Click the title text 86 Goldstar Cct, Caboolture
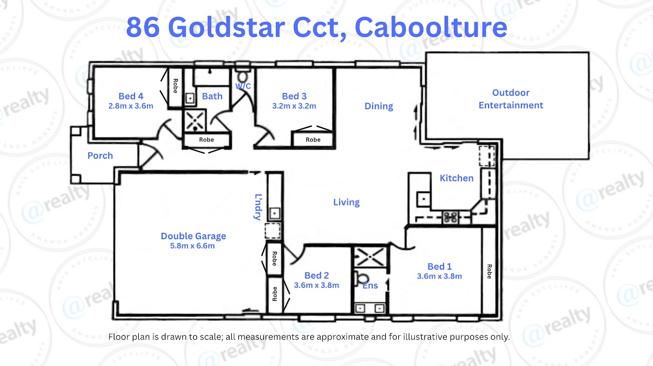[x=316, y=27]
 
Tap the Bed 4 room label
[x=131, y=96]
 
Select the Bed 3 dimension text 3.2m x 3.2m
[x=294, y=106]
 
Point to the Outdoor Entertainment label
[x=510, y=99]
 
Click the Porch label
[x=100, y=156]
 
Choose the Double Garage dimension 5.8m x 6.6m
[x=193, y=246]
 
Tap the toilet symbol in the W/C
[x=243, y=76]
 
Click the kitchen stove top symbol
[x=450, y=216]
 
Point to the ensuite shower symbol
[x=369, y=255]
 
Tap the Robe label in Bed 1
[x=489, y=271]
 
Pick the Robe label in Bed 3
[x=313, y=140]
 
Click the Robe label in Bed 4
[x=175, y=86]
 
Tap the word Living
[x=346, y=202]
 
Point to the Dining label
[x=378, y=106]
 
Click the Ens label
[x=370, y=286]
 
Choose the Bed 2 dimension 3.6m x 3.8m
[x=316, y=285]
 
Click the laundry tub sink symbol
[x=275, y=213]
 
